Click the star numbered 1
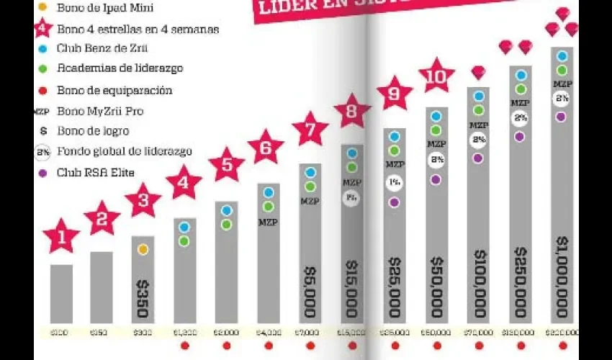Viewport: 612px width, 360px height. [x=62, y=236]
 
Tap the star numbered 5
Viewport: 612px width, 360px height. [x=228, y=165]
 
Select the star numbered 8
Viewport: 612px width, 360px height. [x=352, y=112]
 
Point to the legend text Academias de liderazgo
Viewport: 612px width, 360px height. [x=119, y=68]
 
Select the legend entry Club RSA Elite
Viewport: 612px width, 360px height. [x=100, y=172]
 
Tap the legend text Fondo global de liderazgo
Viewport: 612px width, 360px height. [x=124, y=151]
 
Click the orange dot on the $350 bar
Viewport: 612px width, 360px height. [x=143, y=249]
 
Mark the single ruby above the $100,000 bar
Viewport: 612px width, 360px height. [x=478, y=72]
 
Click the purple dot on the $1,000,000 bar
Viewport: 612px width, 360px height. [x=562, y=117]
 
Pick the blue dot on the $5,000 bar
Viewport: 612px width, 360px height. [x=310, y=172]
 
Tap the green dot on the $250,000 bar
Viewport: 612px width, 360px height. [x=521, y=89]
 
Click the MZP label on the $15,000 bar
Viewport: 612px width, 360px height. [x=351, y=183]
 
